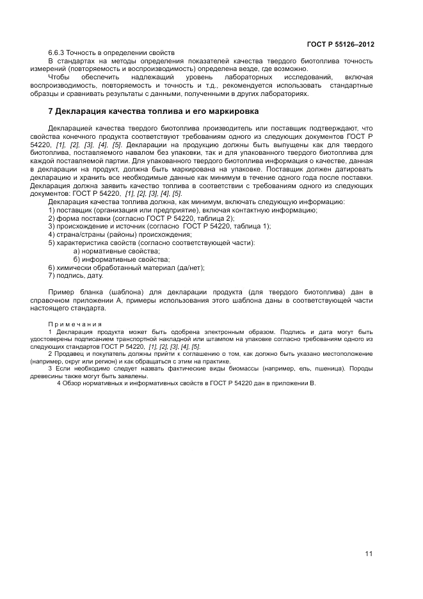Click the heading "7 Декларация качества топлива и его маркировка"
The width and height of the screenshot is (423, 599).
point(154,111)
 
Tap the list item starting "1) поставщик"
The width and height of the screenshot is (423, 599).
point(182,210)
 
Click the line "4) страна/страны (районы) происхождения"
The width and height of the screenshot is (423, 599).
point(120,235)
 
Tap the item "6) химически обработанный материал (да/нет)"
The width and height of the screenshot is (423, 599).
point(127,268)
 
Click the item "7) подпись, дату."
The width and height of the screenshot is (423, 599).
point(76,276)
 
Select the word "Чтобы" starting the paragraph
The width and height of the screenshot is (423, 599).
point(59,77)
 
